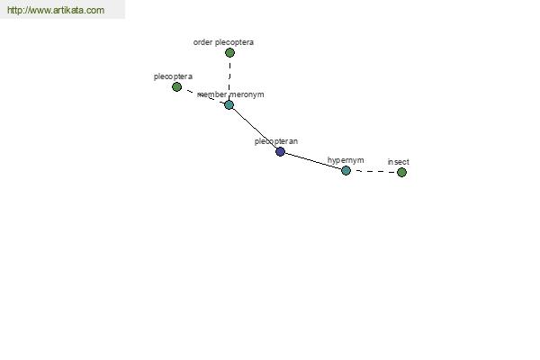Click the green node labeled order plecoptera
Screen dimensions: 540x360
[x=229, y=53]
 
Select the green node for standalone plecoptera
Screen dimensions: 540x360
[x=176, y=86]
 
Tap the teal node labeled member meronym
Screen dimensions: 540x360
[x=229, y=104]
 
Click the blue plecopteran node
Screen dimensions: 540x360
[x=280, y=151]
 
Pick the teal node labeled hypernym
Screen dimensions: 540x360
[x=346, y=170]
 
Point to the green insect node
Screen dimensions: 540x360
[x=401, y=172]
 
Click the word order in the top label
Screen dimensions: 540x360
[x=202, y=42]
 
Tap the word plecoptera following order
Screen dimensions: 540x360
[x=234, y=42]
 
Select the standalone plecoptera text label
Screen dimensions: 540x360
[x=173, y=76]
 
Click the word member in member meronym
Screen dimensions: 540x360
[x=211, y=94]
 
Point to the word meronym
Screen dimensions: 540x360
[x=247, y=94]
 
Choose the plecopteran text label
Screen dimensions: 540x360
[x=276, y=141]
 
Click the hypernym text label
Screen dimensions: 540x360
[x=346, y=160]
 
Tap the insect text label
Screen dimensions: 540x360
[x=399, y=162]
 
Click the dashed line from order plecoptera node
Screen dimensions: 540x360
[x=229, y=78]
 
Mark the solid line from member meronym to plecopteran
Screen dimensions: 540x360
[x=255, y=128]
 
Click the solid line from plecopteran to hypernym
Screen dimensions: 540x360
[x=313, y=161]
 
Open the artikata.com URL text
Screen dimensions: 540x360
[x=56, y=10]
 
